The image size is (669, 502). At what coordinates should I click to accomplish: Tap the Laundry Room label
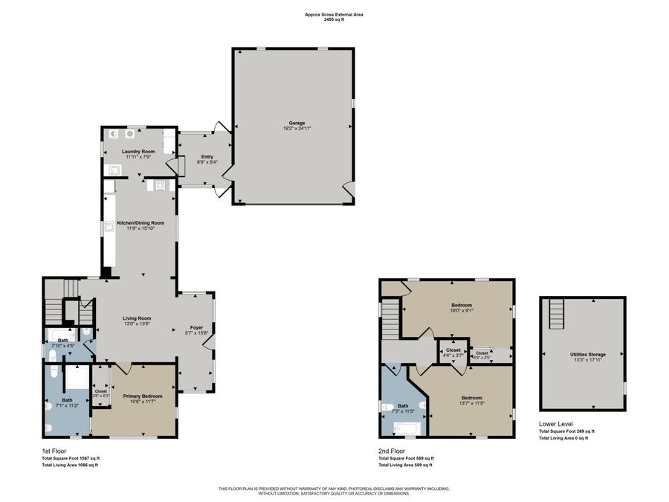click(x=138, y=152)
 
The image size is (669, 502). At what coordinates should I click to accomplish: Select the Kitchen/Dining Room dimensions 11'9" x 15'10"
click(x=140, y=228)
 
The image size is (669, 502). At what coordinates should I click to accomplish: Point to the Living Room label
click(x=138, y=318)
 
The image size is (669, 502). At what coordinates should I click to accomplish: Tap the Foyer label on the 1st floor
click(x=197, y=326)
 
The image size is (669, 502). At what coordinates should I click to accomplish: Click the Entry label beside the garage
click(x=207, y=157)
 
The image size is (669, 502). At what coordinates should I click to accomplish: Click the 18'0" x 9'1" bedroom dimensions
click(x=462, y=311)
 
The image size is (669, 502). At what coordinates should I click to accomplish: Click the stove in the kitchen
click(x=160, y=185)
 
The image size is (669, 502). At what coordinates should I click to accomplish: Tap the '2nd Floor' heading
click(x=392, y=451)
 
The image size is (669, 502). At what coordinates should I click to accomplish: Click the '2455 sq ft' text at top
click(x=334, y=20)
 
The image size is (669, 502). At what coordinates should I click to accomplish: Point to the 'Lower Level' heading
click(x=556, y=424)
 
